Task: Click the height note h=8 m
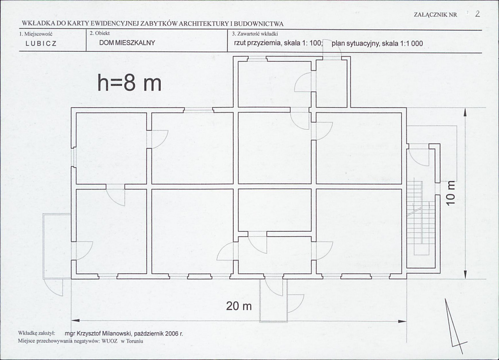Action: [129, 82]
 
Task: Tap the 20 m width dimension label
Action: [239, 306]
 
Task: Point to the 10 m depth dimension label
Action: [451, 193]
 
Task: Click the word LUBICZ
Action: [41, 44]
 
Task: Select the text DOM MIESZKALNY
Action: [127, 42]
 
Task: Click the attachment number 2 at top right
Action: [477, 14]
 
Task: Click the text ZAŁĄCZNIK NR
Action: [436, 15]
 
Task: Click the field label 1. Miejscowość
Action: [35, 34]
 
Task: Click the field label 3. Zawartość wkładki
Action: [255, 33]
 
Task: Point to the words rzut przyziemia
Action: [258, 43]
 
